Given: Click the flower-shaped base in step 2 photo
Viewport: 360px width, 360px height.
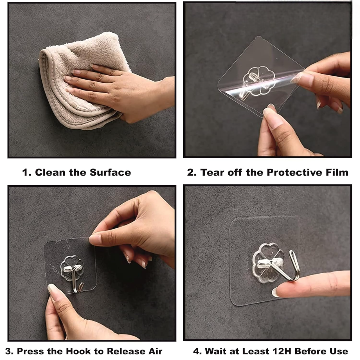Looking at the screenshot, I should click(259, 80).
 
